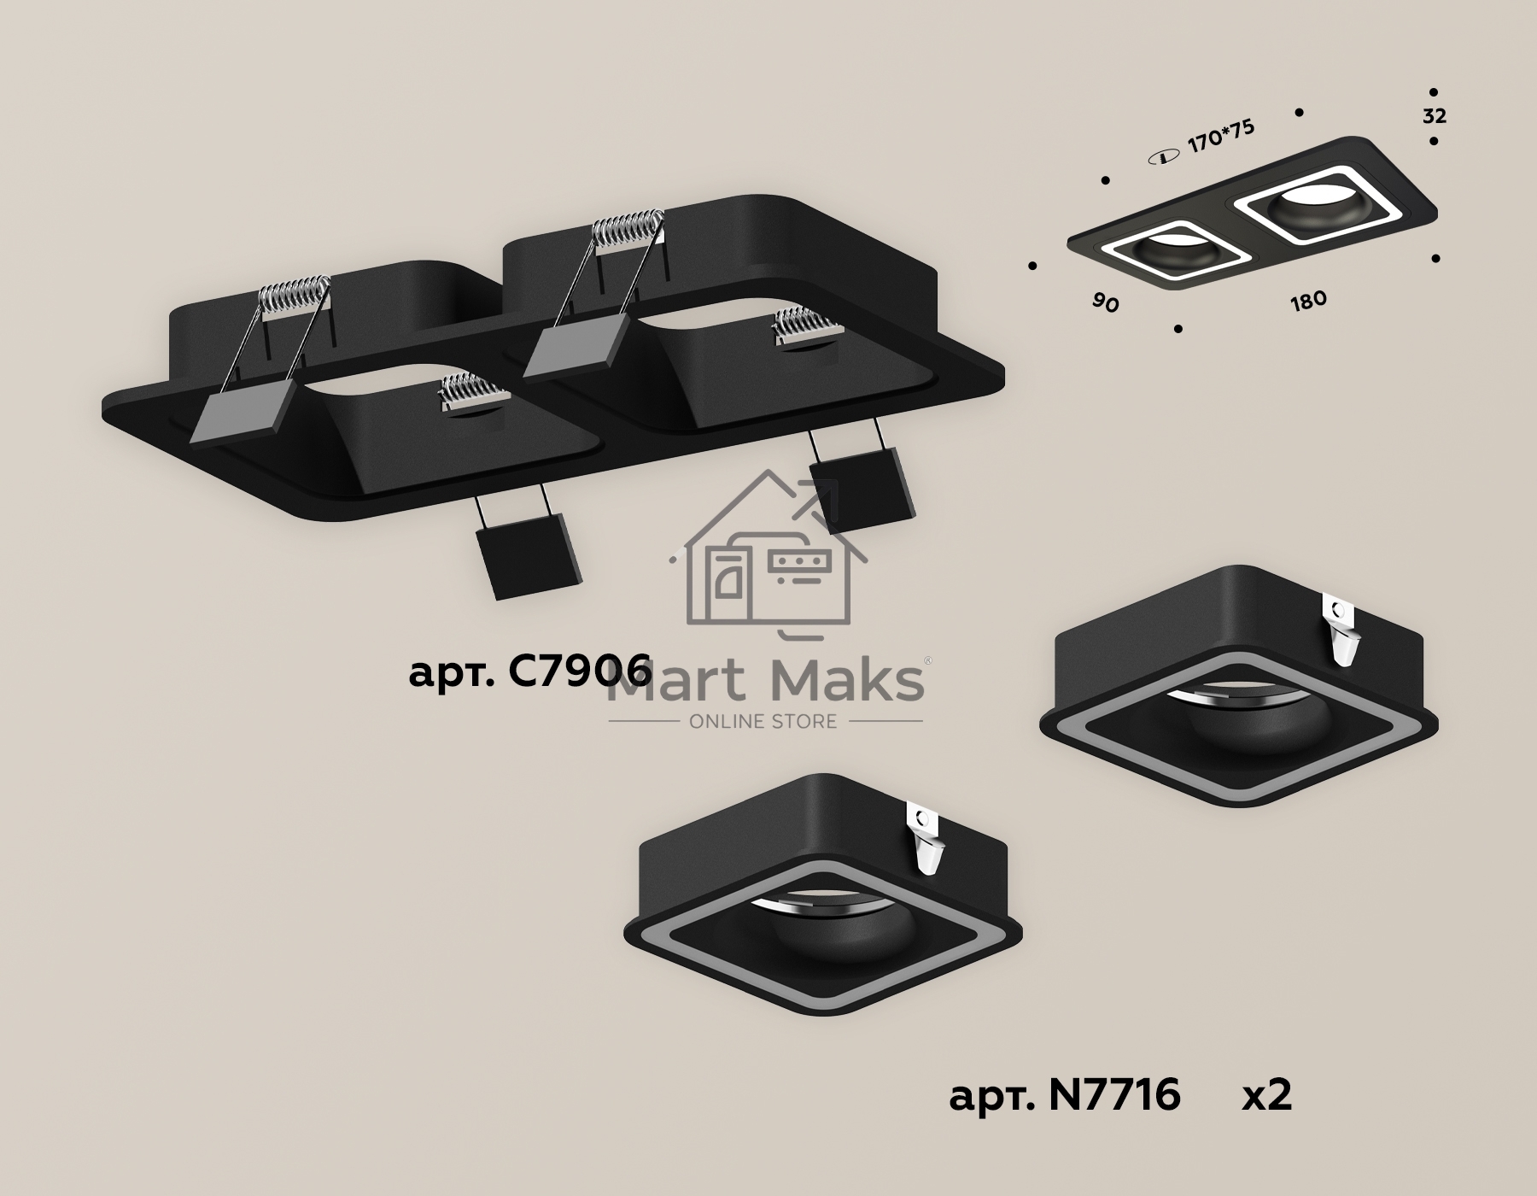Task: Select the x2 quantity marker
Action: (1266, 1094)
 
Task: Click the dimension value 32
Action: (1435, 116)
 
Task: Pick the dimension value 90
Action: (1105, 302)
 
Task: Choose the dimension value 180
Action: (1308, 300)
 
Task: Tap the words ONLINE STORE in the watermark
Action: (763, 722)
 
